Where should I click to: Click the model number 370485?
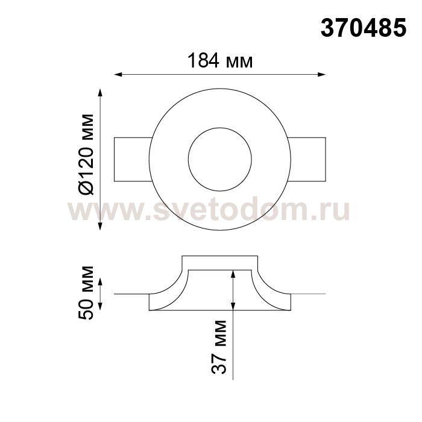[x=364, y=28]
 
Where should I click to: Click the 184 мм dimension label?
[x=220, y=61]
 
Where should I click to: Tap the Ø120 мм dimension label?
[x=86, y=154]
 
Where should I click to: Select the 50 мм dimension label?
[x=86, y=292]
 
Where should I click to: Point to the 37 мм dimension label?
[x=219, y=347]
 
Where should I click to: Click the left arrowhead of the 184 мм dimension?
[x=118, y=75]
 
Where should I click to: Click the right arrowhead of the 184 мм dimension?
[x=321, y=75]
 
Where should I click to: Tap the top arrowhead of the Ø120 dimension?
[x=101, y=93]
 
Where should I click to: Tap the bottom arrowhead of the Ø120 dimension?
[x=101, y=226]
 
